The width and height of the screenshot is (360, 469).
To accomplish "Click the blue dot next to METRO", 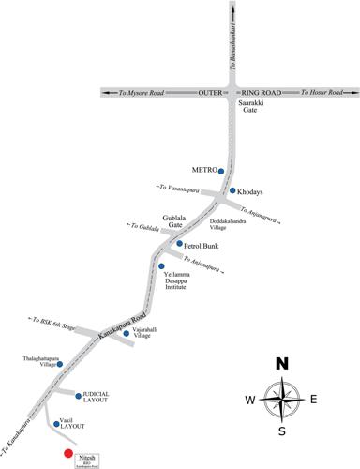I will tap(221, 172).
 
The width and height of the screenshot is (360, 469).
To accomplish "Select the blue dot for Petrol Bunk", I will tap(179, 244).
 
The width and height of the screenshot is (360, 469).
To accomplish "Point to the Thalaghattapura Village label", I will tap(41, 362).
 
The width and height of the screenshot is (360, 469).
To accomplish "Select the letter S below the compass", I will tap(281, 431).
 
